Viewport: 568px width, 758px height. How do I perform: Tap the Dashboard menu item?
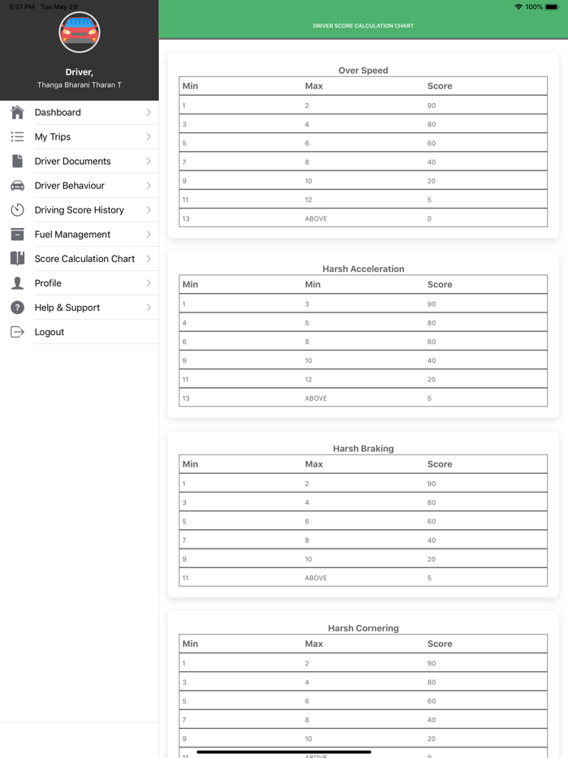coord(58,113)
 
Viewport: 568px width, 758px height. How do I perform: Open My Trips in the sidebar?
coord(53,137)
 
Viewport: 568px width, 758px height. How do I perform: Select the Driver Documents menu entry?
coord(73,162)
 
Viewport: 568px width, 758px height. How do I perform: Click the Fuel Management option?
coord(72,235)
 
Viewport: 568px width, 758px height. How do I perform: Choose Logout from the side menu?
coord(49,332)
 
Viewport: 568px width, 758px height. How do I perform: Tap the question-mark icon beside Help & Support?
coord(17,308)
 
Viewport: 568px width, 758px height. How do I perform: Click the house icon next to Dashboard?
coord(17,113)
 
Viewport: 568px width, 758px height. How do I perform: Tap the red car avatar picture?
coord(80,32)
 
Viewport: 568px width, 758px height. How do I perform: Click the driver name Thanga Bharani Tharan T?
coord(80,85)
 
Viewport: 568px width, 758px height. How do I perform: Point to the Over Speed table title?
coord(363,71)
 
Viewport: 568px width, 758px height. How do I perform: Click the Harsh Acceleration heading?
coord(363,269)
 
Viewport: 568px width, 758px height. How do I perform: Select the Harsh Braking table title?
coord(363,449)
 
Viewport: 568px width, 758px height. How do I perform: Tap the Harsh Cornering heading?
coord(363,628)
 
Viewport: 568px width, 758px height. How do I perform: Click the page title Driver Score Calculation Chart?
coord(363,26)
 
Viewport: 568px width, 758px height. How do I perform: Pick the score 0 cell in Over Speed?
coord(429,218)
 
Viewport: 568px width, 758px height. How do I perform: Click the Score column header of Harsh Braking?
coord(440,464)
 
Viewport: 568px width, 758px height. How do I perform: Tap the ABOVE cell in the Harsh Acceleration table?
coord(316,398)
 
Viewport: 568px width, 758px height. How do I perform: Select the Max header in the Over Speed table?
coord(314,86)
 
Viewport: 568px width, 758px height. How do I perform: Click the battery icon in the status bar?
coord(553,6)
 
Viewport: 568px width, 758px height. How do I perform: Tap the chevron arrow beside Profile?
coord(148,283)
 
